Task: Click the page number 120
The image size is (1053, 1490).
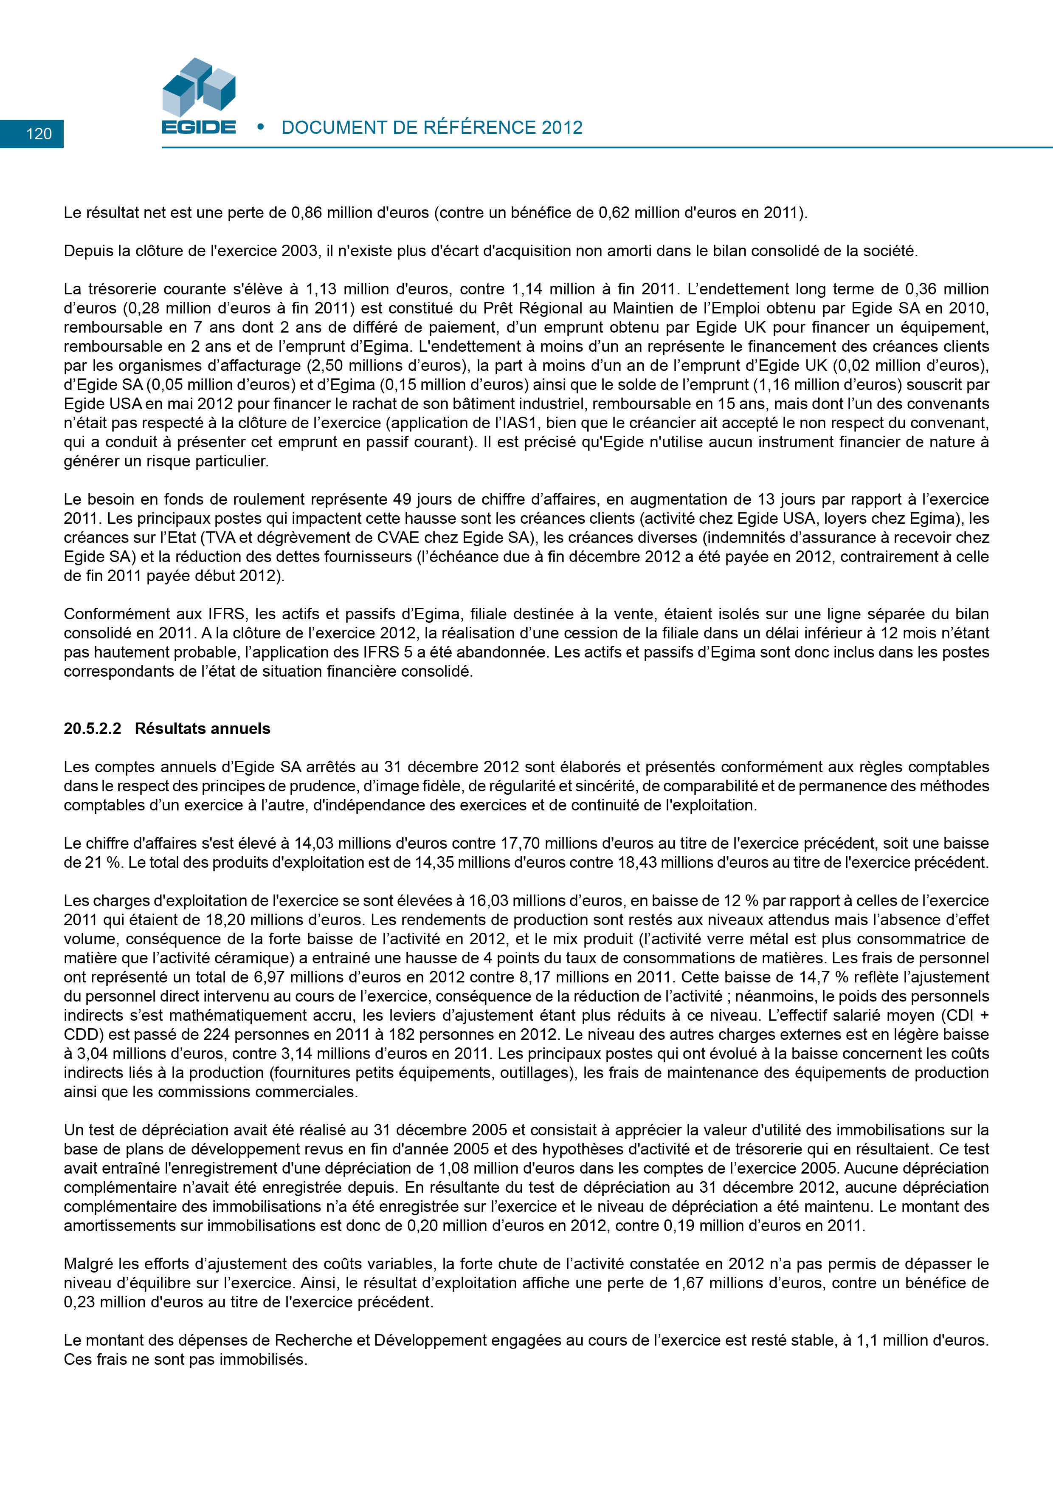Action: pos(39,134)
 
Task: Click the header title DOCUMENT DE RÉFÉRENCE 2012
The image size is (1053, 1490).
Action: pos(431,128)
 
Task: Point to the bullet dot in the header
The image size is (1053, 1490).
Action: pos(261,127)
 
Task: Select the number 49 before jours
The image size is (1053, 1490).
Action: pos(402,499)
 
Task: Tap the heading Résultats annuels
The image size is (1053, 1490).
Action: pos(203,729)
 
